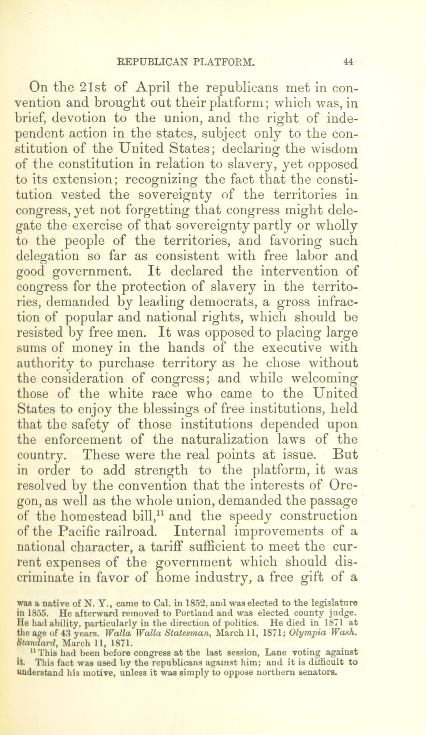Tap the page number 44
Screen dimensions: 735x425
coord(349,62)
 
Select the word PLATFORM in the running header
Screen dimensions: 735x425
coord(224,62)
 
